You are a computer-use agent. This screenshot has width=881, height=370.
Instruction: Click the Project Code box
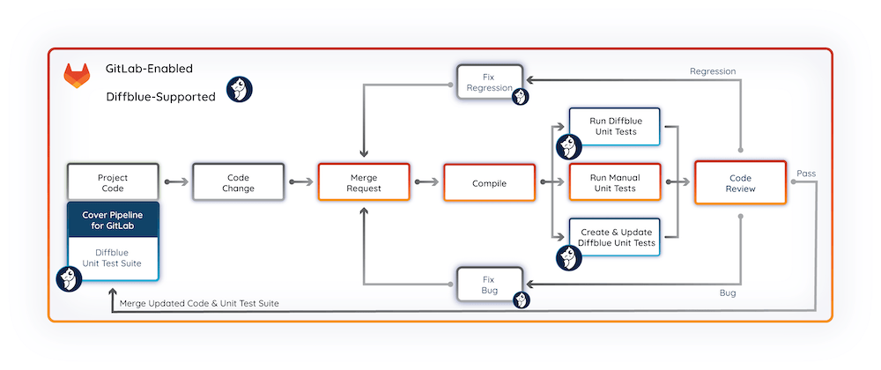click(x=113, y=181)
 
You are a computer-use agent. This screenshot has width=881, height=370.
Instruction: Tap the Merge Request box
click(x=363, y=181)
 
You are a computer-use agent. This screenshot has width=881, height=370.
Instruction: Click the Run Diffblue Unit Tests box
click(x=613, y=126)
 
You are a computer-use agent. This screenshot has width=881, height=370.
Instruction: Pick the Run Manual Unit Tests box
click(x=613, y=181)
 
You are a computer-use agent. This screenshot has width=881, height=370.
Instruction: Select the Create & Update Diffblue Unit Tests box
click(x=613, y=237)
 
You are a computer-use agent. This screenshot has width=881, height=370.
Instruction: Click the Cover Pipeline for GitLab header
click(x=113, y=220)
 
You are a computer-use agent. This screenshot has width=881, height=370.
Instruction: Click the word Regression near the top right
click(x=713, y=71)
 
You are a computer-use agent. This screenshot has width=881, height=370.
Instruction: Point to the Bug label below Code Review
click(x=728, y=292)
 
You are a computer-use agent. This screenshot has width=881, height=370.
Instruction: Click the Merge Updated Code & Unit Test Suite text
click(x=199, y=304)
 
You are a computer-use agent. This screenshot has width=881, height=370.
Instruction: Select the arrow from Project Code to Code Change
click(x=175, y=182)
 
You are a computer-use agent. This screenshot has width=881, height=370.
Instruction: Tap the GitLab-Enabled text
click(x=149, y=68)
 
